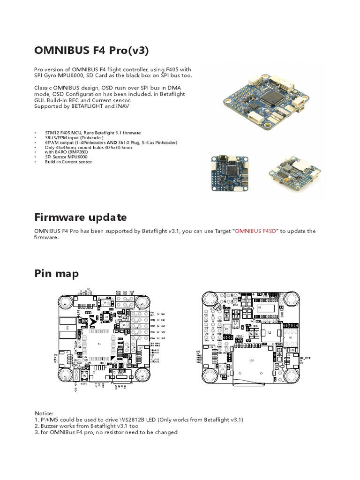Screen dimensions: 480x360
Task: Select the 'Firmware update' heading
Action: click(x=80, y=217)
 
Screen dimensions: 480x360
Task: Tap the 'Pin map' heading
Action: click(x=56, y=273)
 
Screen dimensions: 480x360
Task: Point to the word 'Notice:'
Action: click(x=44, y=413)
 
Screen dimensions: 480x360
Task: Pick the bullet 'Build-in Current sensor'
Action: click(x=68, y=162)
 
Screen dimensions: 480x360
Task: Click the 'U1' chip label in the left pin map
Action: click(x=99, y=344)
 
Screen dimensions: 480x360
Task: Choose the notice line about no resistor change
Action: click(x=106, y=432)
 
